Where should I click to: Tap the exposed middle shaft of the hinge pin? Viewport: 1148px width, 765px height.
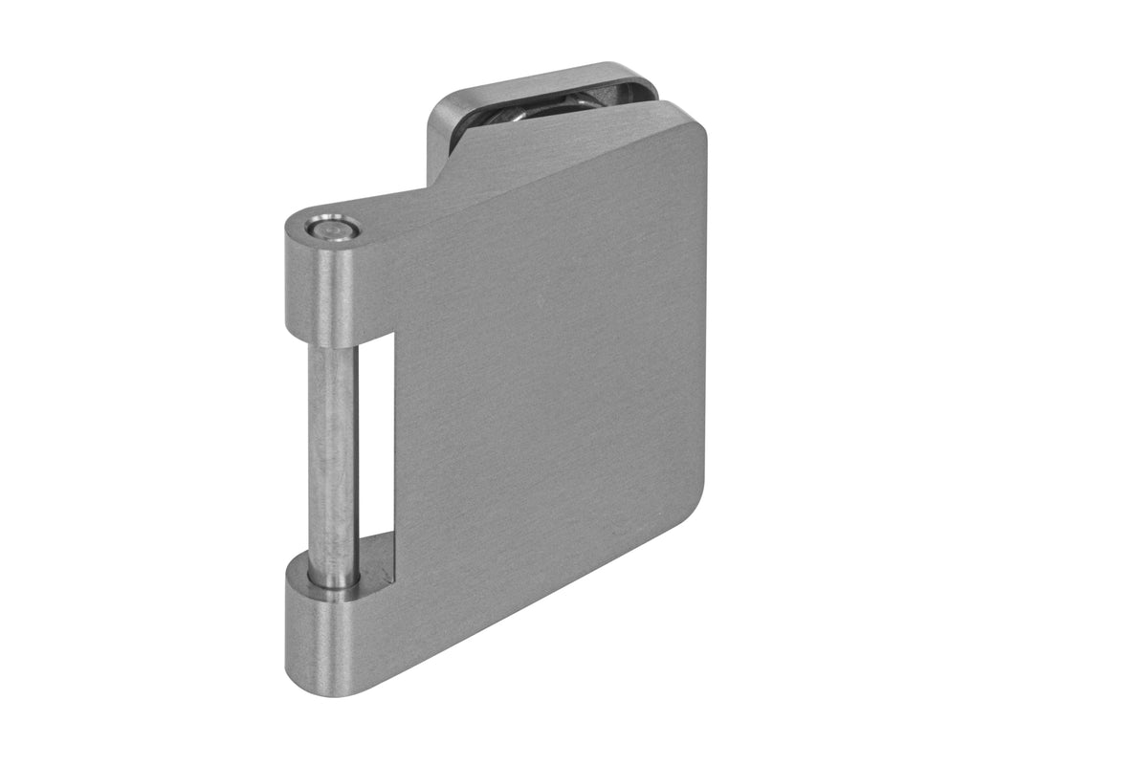pos(332,449)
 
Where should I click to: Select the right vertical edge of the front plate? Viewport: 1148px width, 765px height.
pos(705,316)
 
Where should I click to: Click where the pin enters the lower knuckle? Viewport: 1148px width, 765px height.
pos(333,579)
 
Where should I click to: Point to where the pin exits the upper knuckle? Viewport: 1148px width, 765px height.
pos(332,346)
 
